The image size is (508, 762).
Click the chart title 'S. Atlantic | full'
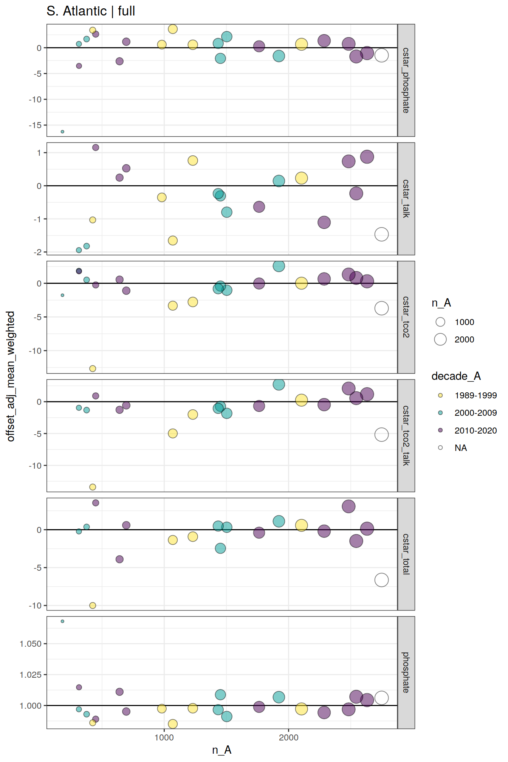pyautogui.click(x=91, y=11)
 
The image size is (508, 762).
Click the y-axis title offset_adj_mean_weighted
pyautogui.click(x=11, y=376)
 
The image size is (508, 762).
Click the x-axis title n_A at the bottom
pyautogui.click(x=221, y=750)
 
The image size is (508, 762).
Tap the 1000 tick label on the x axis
pyautogui.click(x=164, y=737)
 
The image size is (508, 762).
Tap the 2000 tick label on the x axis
pyautogui.click(x=288, y=737)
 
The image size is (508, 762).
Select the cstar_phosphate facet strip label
pyautogui.click(x=406, y=80)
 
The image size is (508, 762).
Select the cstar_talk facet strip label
pyautogui.click(x=406, y=198)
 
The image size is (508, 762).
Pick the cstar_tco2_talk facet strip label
pyautogui.click(x=406, y=435)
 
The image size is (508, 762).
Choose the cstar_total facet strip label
pyautogui.click(x=406, y=554)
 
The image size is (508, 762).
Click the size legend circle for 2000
pyautogui.click(x=440, y=339)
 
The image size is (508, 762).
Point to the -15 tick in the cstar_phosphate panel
pyautogui.click(x=35, y=125)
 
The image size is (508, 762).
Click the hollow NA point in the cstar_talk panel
pyautogui.click(x=381, y=234)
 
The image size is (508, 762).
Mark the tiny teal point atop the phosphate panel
pyautogui.click(x=62, y=621)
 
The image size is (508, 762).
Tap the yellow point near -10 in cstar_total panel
pyautogui.click(x=93, y=606)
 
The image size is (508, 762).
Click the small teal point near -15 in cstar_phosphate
pyautogui.click(x=62, y=132)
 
